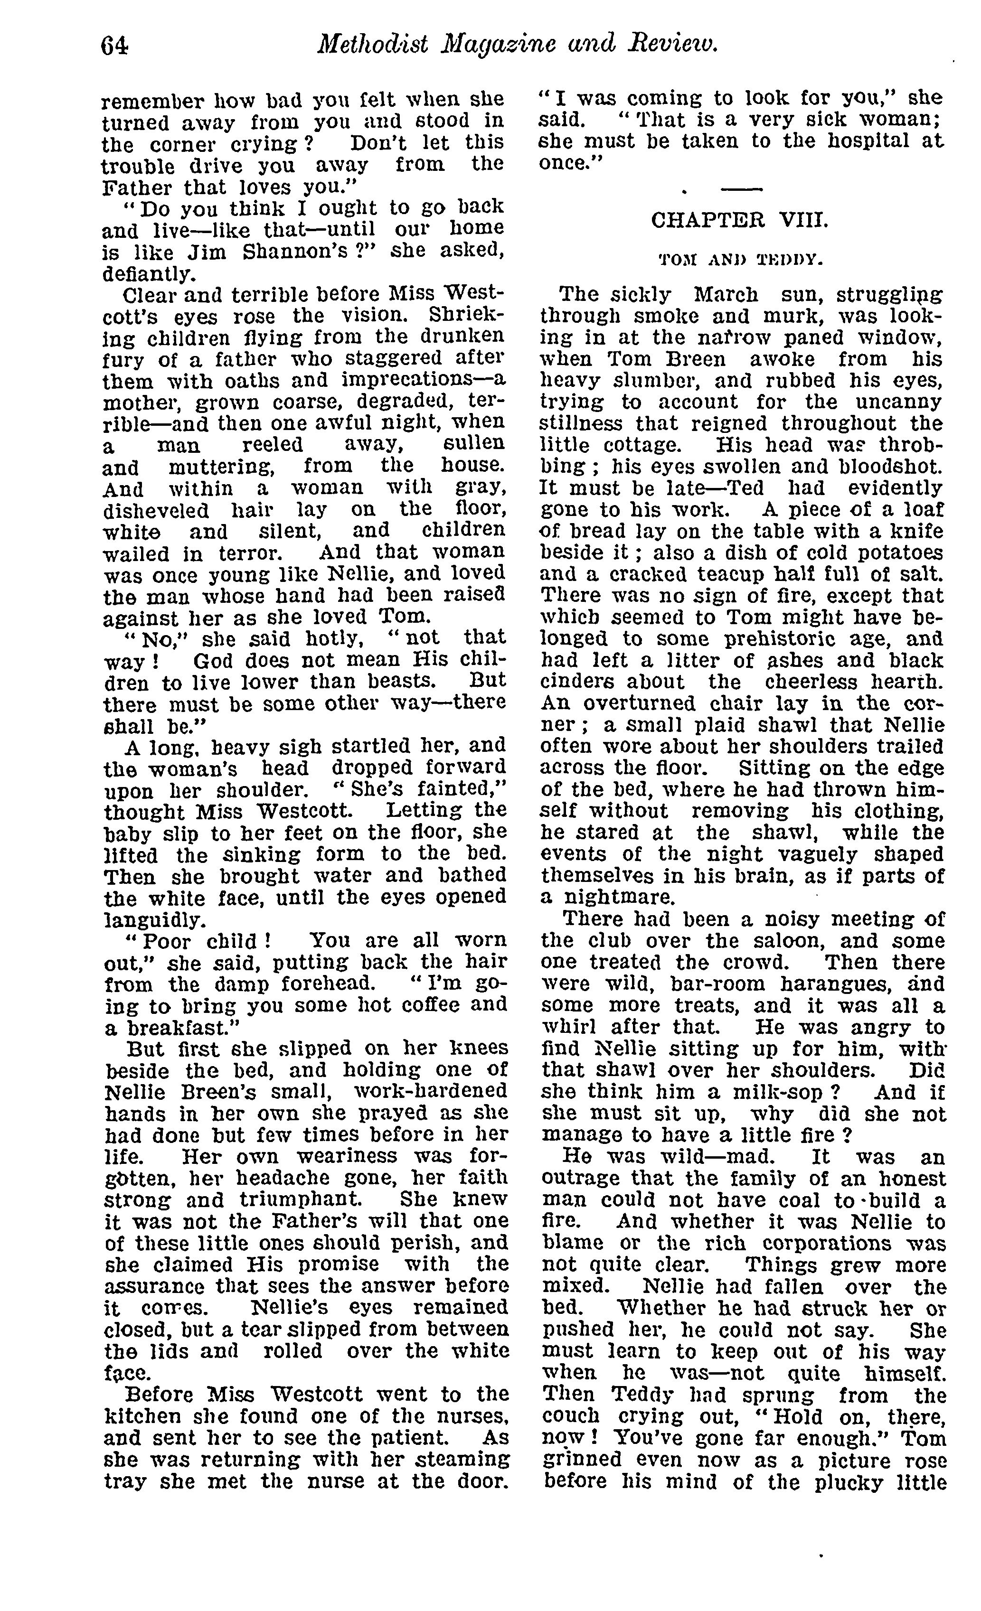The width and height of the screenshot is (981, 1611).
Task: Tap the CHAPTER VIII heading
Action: pos(739,220)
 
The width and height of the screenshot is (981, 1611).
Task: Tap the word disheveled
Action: pos(156,510)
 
